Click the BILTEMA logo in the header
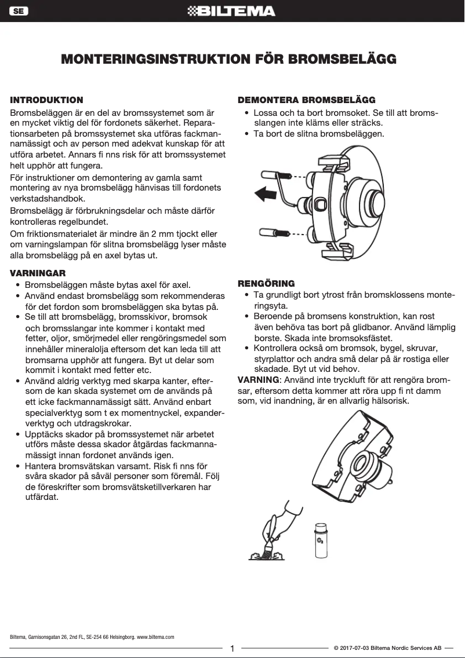tap(232, 11)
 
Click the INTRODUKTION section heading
tap(47, 100)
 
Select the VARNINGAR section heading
tap(38, 273)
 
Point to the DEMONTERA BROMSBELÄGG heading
tap(307, 100)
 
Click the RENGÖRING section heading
tap(266, 284)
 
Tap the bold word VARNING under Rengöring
tap(259, 380)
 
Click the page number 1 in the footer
tap(232, 649)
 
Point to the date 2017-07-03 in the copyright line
tap(355, 649)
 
